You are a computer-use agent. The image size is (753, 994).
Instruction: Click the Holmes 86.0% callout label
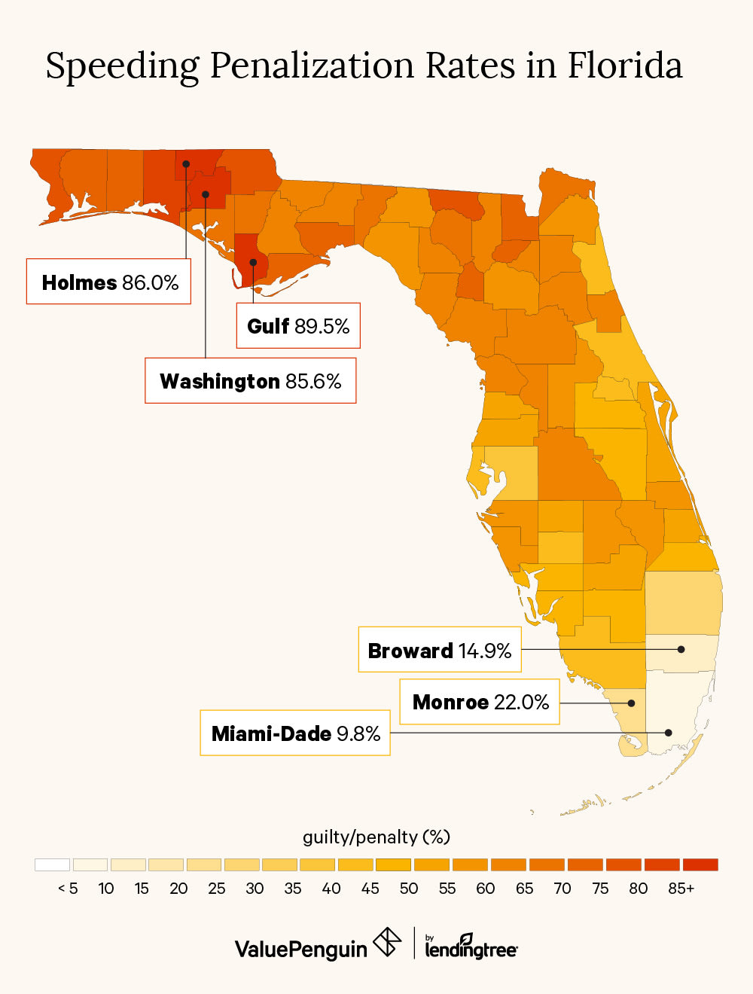tap(109, 282)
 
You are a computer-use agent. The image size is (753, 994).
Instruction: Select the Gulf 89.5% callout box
tap(298, 325)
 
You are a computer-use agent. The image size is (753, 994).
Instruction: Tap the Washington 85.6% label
tap(250, 380)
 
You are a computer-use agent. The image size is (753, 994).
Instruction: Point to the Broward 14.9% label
tap(440, 650)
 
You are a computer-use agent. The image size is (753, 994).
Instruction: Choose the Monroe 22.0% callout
tap(480, 702)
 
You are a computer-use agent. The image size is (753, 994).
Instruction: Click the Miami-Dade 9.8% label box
tap(295, 733)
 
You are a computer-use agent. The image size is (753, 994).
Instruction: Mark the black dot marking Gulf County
tap(254, 263)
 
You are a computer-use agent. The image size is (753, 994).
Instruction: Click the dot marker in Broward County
tap(681, 649)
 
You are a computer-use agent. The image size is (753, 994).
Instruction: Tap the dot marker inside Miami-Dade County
tap(668, 732)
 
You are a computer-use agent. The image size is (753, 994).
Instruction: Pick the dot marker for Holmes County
tap(186, 163)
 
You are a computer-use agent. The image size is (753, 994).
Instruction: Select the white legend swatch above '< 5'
tap(52, 864)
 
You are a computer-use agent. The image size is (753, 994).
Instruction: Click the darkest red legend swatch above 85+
tap(700, 864)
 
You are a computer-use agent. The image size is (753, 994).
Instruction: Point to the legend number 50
tap(409, 889)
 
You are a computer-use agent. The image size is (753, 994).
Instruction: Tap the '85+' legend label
tap(681, 889)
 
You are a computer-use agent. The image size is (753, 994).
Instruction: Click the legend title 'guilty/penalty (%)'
tap(376, 837)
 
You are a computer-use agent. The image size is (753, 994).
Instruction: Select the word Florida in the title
tap(624, 66)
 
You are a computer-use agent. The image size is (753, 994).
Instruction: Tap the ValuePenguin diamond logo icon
tap(388, 942)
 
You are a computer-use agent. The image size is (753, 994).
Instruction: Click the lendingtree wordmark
tap(471, 949)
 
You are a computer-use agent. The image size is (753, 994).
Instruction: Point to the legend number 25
tap(217, 889)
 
